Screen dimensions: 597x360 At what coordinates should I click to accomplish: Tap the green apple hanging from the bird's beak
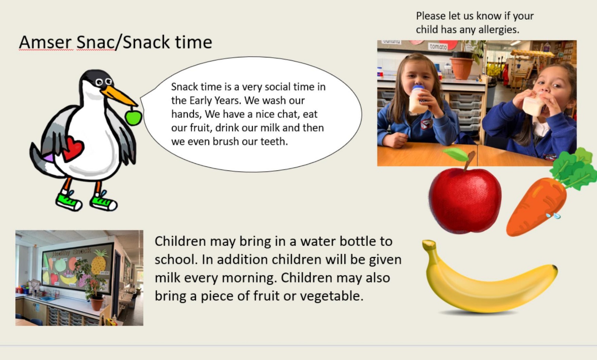point(134,118)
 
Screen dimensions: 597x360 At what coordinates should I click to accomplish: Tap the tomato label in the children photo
point(438,47)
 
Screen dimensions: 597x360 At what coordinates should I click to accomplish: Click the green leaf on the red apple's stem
point(456,154)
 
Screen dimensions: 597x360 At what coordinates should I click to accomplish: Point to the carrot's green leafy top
point(574,168)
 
